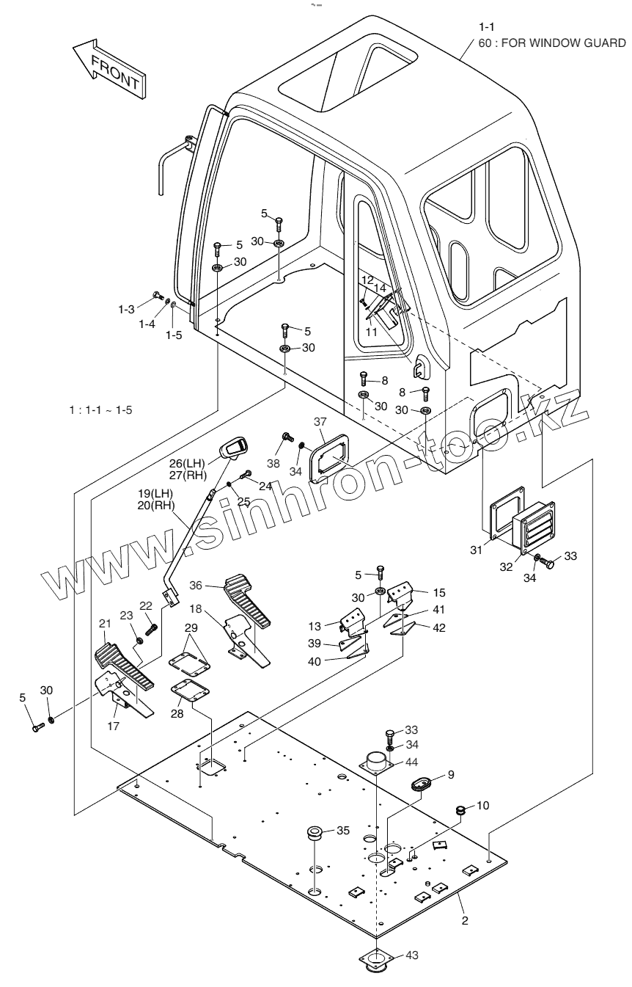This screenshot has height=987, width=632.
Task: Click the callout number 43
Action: pyautogui.click(x=412, y=955)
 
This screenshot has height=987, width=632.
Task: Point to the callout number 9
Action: pyautogui.click(x=451, y=773)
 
